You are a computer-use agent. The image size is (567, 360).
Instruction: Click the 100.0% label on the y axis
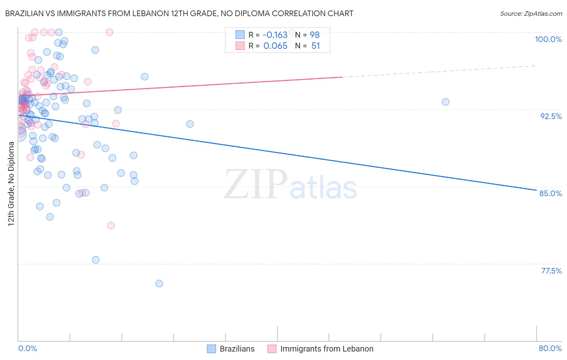point(548,39)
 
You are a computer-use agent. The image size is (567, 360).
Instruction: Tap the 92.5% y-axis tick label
point(551,116)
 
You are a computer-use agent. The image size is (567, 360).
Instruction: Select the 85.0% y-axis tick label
point(550,193)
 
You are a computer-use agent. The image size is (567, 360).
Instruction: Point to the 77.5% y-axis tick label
point(551,271)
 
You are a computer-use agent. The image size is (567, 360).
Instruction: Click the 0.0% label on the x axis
point(28,348)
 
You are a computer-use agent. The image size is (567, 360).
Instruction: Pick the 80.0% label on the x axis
point(550,348)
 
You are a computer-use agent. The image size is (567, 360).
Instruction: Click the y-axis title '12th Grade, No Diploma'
point(11,184)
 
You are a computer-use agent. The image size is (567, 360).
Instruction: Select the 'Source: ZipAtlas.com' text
point(531,14)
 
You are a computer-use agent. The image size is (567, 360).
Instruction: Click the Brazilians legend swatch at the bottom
point(212,349)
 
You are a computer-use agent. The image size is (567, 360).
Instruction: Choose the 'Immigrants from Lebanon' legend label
point(327,349)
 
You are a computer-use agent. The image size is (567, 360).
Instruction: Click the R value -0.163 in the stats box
point(275,35)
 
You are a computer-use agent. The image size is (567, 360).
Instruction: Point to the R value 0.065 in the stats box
point(275,46)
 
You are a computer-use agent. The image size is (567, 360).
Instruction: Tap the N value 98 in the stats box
point(315,35)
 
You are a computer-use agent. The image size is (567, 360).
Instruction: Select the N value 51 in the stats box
point(315,46)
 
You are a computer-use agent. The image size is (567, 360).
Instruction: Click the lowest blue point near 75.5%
point(159,284)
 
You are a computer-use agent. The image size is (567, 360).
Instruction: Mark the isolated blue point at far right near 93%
point(445,102)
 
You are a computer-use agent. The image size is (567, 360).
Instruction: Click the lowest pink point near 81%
point(111,226)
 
